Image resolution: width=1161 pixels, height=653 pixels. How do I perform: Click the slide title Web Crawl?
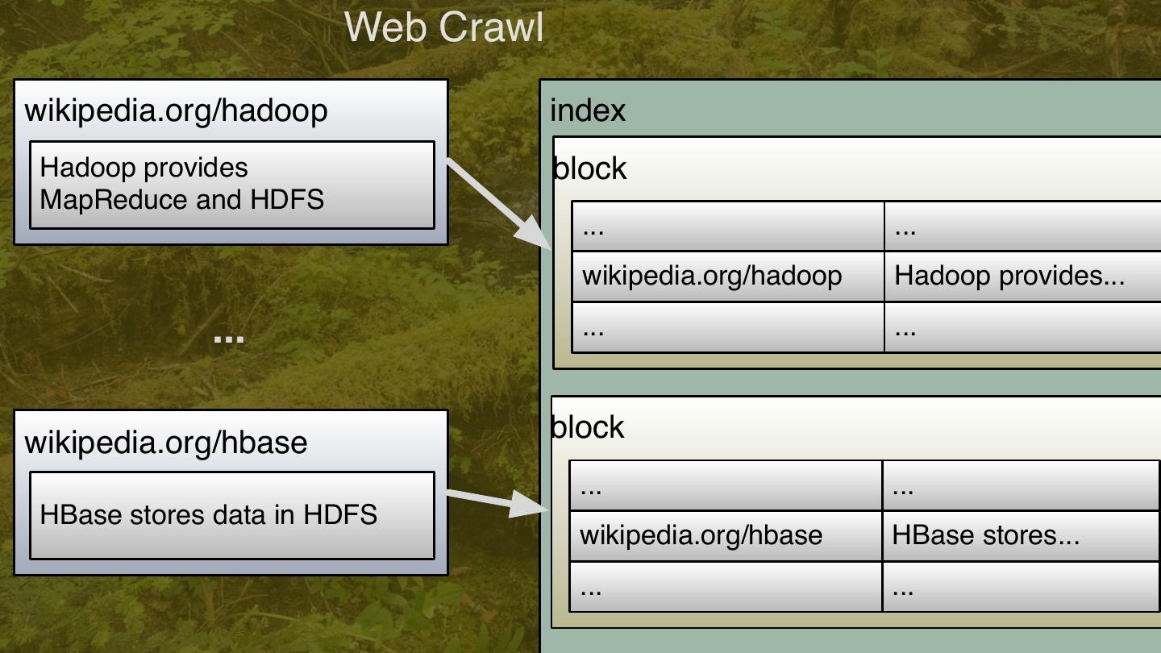click(x=444, y=27)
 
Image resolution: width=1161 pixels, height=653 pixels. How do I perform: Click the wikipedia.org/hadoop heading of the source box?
click(x=177, y=110)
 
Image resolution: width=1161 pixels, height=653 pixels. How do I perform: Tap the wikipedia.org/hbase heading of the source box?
click(x=166, y=442)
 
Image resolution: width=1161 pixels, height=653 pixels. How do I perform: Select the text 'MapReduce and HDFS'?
click(x=182, y=199)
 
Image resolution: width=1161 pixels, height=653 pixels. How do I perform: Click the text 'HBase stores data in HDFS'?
click(x=209, y=514)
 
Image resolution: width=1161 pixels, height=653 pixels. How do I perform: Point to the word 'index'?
click(x=588, y=110)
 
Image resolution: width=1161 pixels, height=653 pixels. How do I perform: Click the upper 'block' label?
click(x=590, y=168)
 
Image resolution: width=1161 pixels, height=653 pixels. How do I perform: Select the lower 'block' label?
click(x=588, y=427)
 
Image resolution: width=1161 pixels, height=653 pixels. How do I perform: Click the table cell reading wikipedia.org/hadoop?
click(x=713, y=276)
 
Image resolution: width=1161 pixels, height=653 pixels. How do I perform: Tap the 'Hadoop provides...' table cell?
click(x=1009, y=276)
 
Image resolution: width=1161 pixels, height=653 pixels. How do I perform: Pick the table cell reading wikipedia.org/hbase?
click(x=701, y=535)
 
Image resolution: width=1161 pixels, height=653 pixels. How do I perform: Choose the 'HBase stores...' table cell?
click(x=985, y=535)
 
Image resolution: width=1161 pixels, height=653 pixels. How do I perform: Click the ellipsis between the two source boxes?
click(x=229, y=339)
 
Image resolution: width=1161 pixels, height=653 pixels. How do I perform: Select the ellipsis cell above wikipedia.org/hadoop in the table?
click(x=727, y=227)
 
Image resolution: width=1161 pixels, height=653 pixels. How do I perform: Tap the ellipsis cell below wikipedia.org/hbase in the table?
click(x=725, y=587)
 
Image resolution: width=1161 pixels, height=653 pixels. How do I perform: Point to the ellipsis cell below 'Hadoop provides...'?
click(x=1022, y=327)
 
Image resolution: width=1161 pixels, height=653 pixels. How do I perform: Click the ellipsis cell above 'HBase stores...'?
click(x=1020, y=486)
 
